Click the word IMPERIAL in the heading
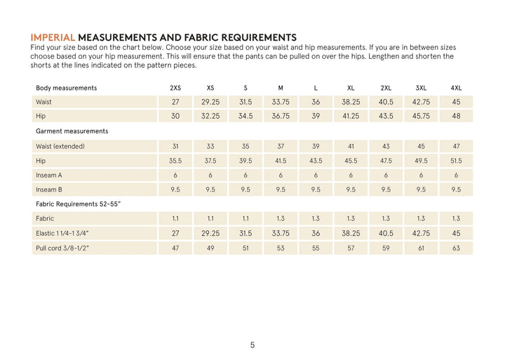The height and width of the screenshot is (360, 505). (53, 37)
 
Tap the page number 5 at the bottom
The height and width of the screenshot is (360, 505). (252, 345)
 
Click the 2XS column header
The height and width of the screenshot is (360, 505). (175, 88)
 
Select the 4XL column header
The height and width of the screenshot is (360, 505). (456, 88)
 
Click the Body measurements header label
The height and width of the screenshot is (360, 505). (66, 88)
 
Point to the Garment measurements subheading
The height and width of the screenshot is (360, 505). (72, 131)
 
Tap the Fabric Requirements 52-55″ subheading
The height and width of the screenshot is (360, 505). (79, 204)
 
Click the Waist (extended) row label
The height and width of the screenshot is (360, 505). (60, 146)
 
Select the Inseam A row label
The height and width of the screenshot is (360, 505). (49, 175)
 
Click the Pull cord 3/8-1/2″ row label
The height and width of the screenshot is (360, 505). (62, 248)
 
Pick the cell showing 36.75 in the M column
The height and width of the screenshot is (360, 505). (281, 116)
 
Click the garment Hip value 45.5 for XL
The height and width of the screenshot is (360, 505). (351, 161)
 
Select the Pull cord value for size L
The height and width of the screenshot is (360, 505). (316, 248)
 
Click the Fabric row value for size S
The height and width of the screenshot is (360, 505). (245, 218)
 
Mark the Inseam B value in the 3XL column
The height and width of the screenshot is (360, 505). (421, 189)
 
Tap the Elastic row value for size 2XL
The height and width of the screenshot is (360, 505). (386, 233)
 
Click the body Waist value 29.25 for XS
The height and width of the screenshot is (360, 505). (210, 102)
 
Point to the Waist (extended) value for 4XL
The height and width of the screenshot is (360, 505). (456, 146)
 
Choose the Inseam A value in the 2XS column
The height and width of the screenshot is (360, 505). (175, 175)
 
